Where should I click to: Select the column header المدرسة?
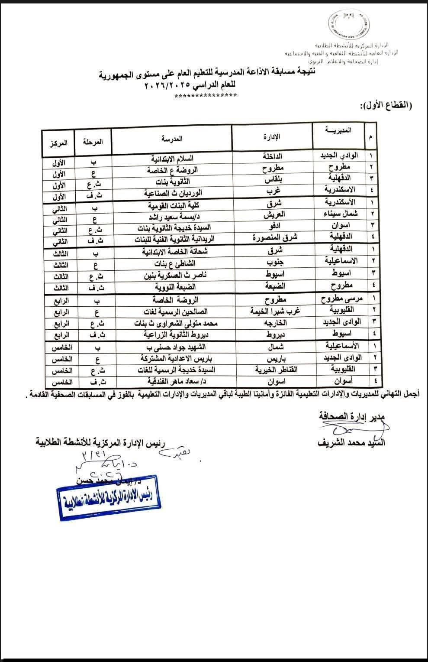coord(172,139)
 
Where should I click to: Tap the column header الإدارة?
coord(272,137)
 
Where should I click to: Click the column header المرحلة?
coord(93,142)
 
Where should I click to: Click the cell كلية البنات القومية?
coord(172,205)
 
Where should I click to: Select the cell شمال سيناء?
coord(340,214)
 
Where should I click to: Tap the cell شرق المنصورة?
coord(275,237)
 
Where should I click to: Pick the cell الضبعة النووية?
coord(172,287)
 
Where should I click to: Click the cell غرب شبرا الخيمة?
coord(275,311)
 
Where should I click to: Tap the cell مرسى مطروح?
coord(342,299)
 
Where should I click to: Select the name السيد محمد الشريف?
coord(351,443)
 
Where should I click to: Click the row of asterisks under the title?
coord(205,96)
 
